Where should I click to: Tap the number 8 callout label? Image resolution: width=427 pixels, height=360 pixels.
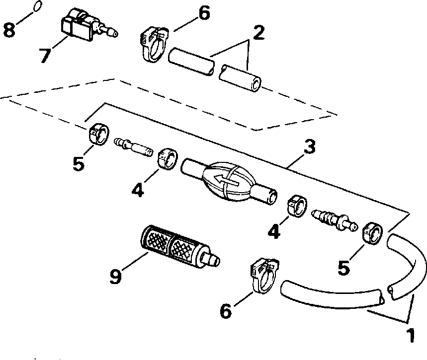pyautogui.click(x=8, y=29)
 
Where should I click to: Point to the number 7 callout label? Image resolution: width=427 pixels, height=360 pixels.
pyautogui.click(x=44, y=55)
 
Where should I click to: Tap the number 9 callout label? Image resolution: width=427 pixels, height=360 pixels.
pyautogui.click(x=115, y=276)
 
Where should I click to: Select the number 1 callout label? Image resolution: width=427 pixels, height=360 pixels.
pyautogui.click(x=410, y=336)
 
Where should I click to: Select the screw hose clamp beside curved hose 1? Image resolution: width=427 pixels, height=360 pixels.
pyautogui.click(x=262, y=276)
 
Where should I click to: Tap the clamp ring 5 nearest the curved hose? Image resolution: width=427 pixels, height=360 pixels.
pyautogui.click(x=372, y=233)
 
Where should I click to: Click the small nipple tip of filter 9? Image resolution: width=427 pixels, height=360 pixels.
pyautogui.click(x=214, y=260)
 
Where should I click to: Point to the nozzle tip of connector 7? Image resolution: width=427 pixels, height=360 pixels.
pyautogui.click(x=113, y=34)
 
